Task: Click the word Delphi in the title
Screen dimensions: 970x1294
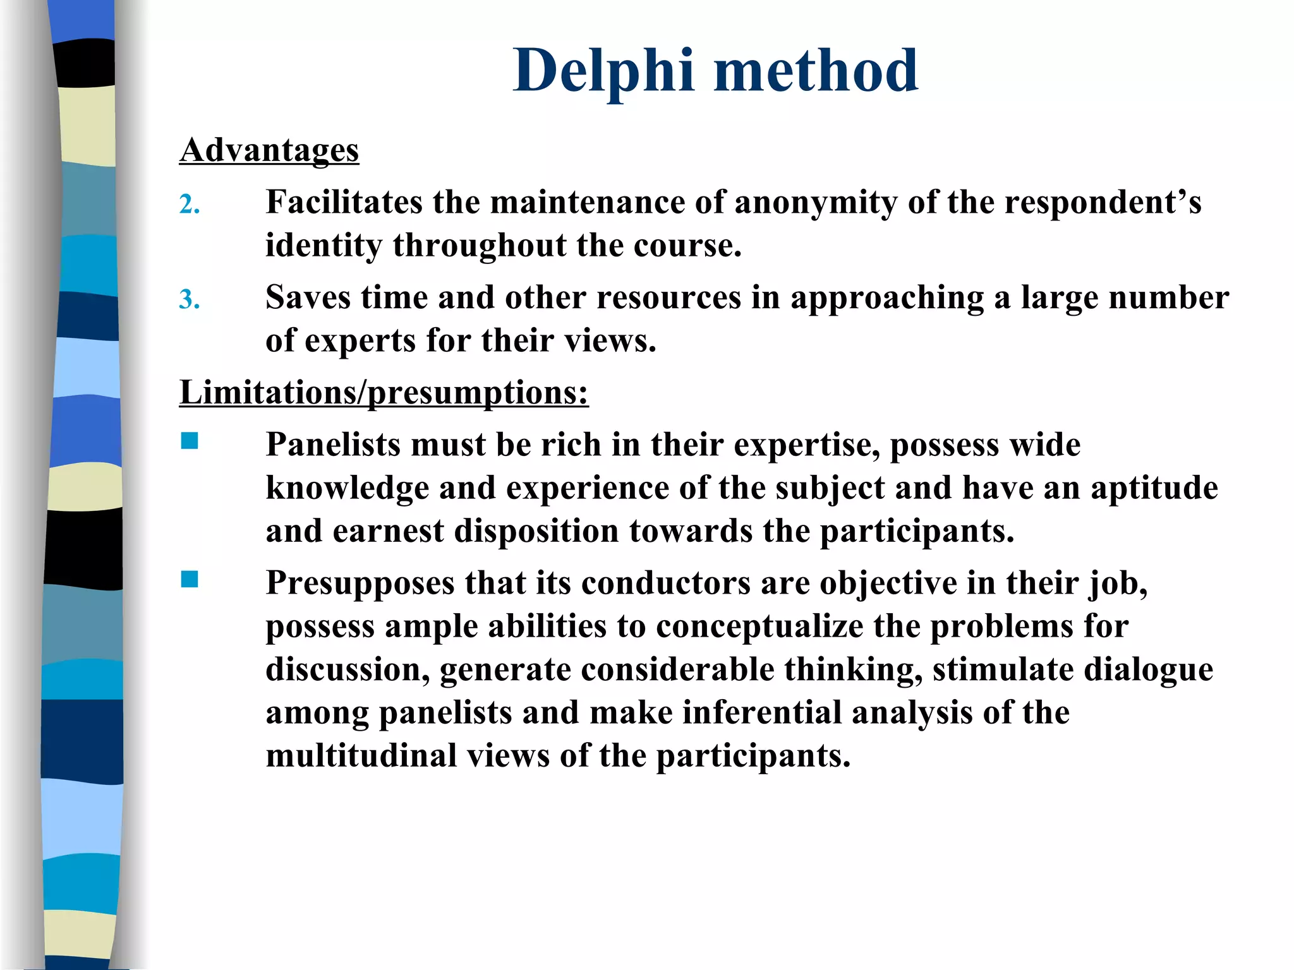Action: click(603, 71)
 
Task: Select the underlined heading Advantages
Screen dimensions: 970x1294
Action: click(269, 150)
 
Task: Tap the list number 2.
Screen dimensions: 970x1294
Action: click(190, 205)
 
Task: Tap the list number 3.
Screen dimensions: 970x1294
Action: click(190, 299)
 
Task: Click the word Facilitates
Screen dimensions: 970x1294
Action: click(344, 203)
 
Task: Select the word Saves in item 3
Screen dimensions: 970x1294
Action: click(308, 297)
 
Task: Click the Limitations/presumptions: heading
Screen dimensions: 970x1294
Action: click(384, 393)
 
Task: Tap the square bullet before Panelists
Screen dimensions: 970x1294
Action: click(190, 441)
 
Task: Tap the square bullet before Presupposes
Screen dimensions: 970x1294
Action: click(190, 579)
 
